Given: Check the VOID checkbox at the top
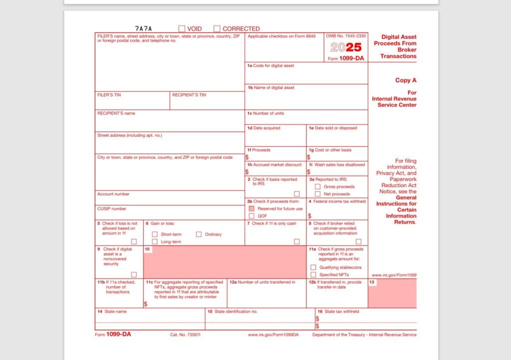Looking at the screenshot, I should [x=182, y=29].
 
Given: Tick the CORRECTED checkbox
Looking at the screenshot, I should [x=217, y=29].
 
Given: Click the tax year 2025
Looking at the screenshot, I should [x=346, y=47].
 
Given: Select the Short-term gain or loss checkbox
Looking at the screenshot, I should [x=155, y=234].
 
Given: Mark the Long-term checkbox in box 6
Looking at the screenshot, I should [x=155, y=242].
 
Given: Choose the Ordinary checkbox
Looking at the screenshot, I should [x=199, y=234].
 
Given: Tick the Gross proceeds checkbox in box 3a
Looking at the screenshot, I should [x=317, y=187].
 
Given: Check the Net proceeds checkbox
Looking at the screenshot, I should [x=317, y=194].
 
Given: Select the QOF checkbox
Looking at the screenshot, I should [x=252, y=216].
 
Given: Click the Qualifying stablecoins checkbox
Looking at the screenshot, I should [x=313, y=267].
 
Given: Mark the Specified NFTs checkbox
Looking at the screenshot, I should [x=313, y=275].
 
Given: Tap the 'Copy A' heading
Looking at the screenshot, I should [x=406, y=80].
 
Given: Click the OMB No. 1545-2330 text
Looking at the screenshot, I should [x=346, y=36].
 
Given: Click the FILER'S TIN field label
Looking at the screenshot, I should [x=109, y=95].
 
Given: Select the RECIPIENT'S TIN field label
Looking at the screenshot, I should [x=189, y=95].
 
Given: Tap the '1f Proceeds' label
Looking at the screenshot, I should [x=258, y=150].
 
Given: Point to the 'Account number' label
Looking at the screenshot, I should [x=113, y=194].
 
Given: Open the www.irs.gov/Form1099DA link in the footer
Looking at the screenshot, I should [x=273, y=335].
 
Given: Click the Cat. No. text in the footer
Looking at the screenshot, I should [x=185, y=335].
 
